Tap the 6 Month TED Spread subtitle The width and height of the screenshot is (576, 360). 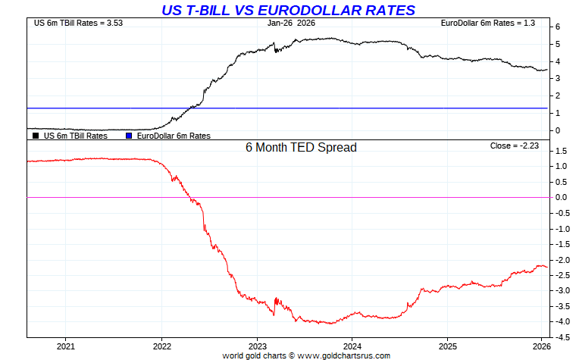pyautogui.click(x=301, y=148)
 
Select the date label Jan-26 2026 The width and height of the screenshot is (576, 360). pyautogui.click(x=292, y=23)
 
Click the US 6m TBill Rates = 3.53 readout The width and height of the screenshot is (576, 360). pyautogui.click(x=78, y=23)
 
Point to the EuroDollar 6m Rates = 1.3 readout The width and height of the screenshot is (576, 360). pyautogui.click(x=488, y=23)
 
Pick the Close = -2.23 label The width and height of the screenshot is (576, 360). pyautogui.click(x=513, y=146)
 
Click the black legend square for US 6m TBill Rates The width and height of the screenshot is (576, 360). pyautogui.click(x=35, y=136)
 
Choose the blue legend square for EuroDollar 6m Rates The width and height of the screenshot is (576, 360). pyautogui.click(x=129, y=136)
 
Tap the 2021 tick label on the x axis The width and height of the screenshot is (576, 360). pyautogui.click(x=65, y=346)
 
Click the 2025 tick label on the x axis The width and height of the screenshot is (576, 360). pyautogui.click(x=447, y=346)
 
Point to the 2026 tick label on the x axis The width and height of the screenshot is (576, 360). pyautogui.click(x=541, y=346)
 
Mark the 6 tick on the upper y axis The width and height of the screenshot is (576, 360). pyautogui.click(x=557, y=27)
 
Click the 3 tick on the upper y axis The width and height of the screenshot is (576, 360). pyautogui.click(x=557, y=78)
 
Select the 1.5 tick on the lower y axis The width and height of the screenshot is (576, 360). pyautogui.click(x=562, y=151)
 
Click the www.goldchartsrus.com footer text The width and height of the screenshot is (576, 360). pyautogui.click(x=346, y=355)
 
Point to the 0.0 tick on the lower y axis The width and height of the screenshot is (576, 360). pyautogui.click(x=562, y=197)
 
